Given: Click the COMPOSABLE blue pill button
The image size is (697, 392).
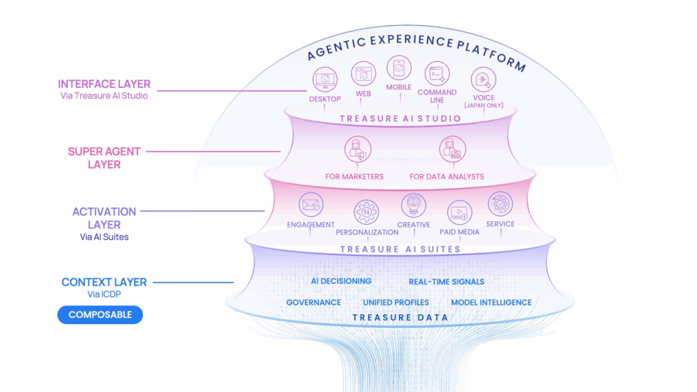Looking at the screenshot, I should [100, 315].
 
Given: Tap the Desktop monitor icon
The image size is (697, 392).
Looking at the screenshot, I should [324, 80].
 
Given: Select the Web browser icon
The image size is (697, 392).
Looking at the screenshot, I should [363, 73].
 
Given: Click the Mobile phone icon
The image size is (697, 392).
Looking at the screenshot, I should [399, 68].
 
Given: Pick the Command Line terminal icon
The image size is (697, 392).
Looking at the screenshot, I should [437, 73].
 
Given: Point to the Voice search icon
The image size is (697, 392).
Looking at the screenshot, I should [484, 80].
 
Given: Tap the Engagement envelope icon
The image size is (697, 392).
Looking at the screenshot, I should [310, 203].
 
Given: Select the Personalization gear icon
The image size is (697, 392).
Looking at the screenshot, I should [366, 212].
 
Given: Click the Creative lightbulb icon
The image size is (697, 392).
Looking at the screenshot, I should [413, 204].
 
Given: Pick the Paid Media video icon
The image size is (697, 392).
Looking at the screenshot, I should [459, 212].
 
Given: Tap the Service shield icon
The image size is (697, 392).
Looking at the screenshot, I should [500, 203].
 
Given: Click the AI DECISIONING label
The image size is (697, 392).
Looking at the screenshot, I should [341, 281].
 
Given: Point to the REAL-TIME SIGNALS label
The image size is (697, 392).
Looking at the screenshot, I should [447, 282].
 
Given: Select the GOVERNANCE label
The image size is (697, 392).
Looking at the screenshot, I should [313, 302].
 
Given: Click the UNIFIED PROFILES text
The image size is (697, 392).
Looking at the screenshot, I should [395, 302].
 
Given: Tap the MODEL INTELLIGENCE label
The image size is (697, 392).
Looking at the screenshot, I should [491, 302].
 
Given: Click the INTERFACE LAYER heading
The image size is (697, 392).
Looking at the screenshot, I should [104, 84].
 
